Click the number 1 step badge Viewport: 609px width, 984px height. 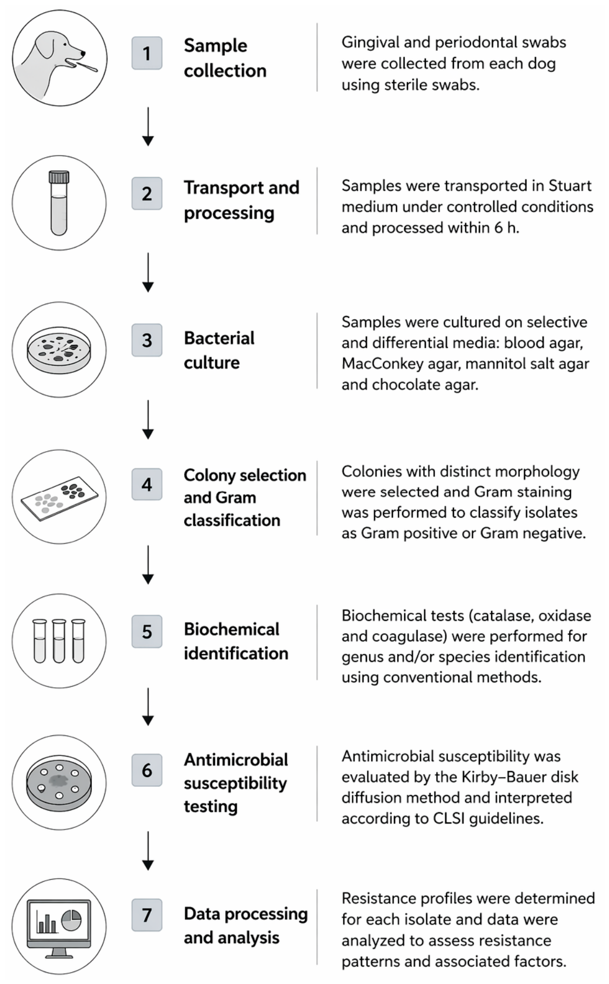point(146,53)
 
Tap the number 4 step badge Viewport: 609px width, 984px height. point(146,484)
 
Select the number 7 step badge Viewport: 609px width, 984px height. point(146,915)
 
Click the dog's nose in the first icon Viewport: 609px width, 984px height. point(83,53)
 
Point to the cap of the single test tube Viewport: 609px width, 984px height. point(59,177)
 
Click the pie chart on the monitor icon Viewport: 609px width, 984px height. point(71,919)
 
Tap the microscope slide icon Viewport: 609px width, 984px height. point(59,498)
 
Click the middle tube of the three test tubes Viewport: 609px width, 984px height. point(59,641)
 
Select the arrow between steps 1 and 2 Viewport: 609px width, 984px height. point(148,126)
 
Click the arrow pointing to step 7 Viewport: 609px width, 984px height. point(148,851)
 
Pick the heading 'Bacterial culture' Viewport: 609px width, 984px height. point(219,350)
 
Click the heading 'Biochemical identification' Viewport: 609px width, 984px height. point(236,641)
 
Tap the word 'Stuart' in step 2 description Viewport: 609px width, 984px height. point(570,185)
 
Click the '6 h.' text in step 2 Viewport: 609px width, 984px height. point(506,227)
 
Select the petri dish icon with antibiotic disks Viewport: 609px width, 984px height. point(59,782)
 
